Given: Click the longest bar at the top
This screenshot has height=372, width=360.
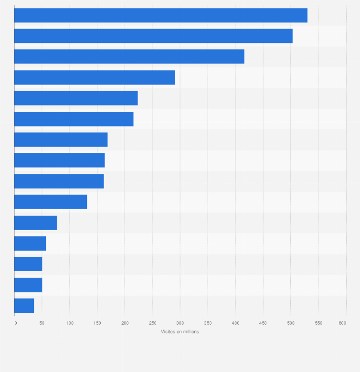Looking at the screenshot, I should click(x=160, y=15).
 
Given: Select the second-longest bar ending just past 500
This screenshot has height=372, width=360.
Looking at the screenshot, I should click(x=153, y=36).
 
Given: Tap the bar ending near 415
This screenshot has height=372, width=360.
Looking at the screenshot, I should click(x=129, y=56).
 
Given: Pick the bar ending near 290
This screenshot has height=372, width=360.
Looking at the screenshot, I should click(x=95, y=77).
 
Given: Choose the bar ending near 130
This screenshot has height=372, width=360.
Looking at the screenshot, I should click(x=51, y=202).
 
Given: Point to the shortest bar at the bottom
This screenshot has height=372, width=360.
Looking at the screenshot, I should click(x=24, y=306).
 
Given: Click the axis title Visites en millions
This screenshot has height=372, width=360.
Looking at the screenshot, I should click(x=180, y=332).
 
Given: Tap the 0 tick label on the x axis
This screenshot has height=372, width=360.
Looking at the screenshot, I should click(x=15, y=323).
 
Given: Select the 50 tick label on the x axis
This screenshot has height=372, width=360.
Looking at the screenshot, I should click(x=42, y=323).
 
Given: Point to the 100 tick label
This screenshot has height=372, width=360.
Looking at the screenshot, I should click(x=70, y=323).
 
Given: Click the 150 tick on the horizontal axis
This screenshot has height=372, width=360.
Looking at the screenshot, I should click(x=97, y=323).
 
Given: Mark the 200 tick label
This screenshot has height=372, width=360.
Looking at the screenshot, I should click(x=125, y=323).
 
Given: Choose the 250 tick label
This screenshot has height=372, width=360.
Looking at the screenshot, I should click(x=152, y=323).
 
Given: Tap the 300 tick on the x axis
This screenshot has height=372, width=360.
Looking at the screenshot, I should click(x=180, y=323).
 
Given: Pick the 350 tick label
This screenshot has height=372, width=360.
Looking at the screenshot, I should click(x=208, y=323).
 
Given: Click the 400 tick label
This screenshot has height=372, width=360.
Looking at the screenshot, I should click(x=235, y=323).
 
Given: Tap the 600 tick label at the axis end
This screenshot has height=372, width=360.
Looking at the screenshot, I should click(x=342, y=323).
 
